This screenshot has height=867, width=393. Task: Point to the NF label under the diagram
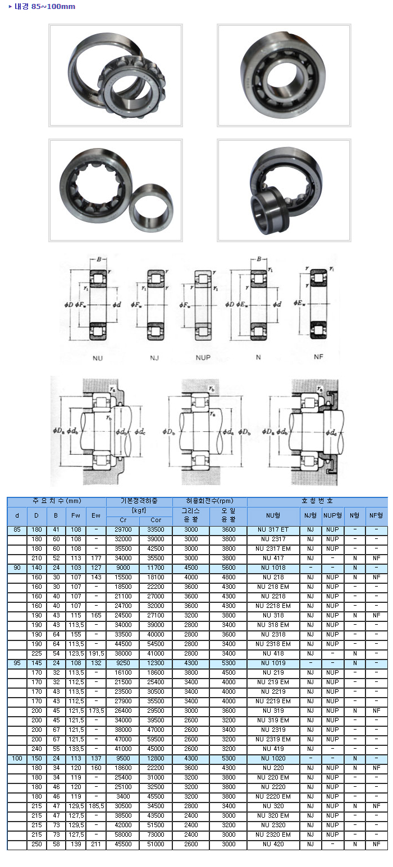click(318, 357)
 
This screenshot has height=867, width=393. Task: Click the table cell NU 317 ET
click(273, 529)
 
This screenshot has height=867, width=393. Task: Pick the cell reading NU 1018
click(273, 568)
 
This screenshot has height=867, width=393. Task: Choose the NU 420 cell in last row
click(273, 844)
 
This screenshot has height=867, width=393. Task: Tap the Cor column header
click(156, 520)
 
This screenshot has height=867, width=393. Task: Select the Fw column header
click(75, 515)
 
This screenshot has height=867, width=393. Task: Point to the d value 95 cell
click(17, 663)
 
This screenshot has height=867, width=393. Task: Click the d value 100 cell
click(17, 758)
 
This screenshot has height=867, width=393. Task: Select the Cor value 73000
click(156, 834)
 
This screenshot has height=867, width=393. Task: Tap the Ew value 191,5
click(96, 653)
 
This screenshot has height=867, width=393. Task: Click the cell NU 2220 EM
click(273, 796)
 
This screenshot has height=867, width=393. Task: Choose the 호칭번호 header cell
click(317, 501)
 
